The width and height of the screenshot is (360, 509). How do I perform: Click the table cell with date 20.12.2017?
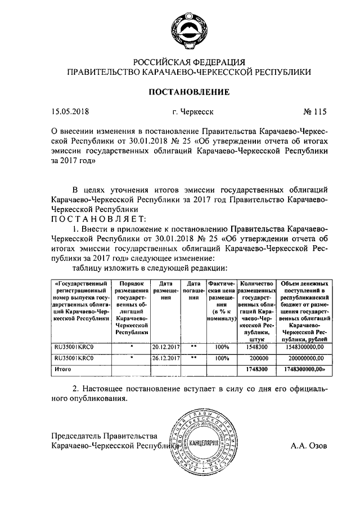click(165, 347)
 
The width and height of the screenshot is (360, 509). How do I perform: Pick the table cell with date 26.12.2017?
click(165, 358)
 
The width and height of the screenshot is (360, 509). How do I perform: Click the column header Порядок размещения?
click(131, 307)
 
